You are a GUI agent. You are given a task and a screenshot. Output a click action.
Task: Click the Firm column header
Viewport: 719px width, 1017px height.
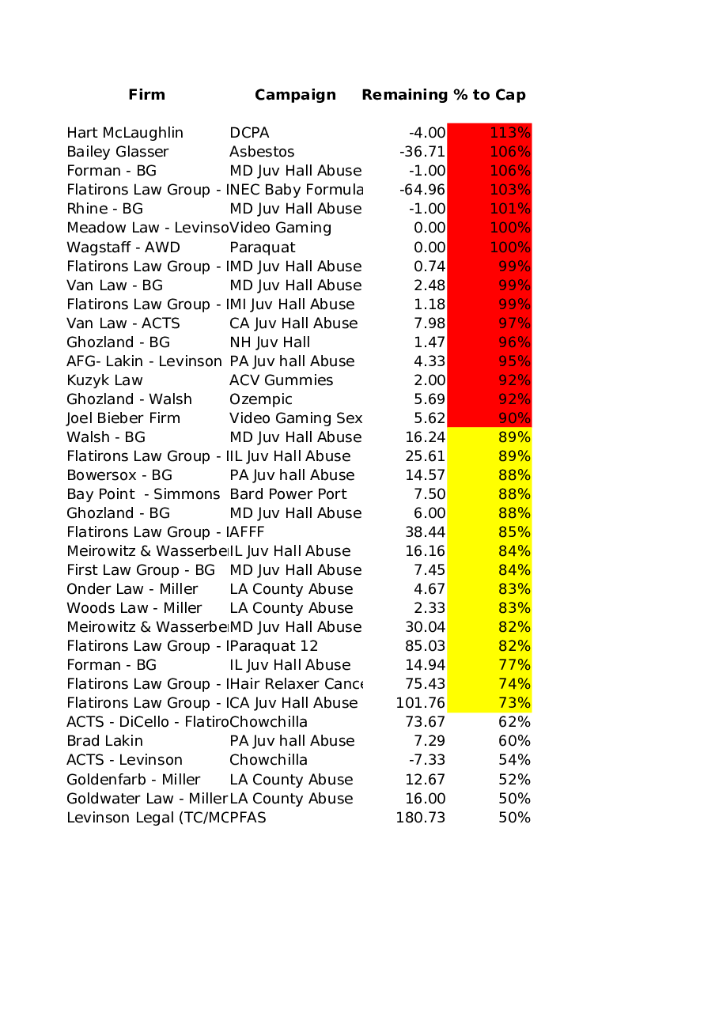click(147, 95)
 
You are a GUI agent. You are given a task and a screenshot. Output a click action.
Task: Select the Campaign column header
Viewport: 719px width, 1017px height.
click(295, 95)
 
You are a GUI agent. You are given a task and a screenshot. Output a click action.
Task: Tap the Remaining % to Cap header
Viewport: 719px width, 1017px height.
click(443, 95)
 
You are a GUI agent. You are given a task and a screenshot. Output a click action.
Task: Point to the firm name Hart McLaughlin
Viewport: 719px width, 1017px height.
click(125, 133)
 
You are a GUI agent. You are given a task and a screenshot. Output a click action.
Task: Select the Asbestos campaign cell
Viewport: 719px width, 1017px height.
click(262, 152)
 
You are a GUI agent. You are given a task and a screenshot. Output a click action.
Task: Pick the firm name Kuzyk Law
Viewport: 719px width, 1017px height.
click(104, 380)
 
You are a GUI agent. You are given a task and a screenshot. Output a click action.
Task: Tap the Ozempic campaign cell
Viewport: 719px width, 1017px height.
click(261, 399)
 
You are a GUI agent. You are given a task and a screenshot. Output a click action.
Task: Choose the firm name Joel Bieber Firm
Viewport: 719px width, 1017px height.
click(123, 418)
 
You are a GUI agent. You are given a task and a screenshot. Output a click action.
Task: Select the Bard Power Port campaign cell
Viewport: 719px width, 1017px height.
click(288, 494)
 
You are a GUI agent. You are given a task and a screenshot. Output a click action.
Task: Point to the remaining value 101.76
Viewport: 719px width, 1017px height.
click(421, 703)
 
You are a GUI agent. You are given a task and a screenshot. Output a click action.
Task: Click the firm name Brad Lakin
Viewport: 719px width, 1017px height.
click(105, 741)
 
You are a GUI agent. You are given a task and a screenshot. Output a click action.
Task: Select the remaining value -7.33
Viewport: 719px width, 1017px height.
click(426, 760)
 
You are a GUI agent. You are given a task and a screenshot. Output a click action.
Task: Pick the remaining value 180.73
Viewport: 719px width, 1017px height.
click(421, 818)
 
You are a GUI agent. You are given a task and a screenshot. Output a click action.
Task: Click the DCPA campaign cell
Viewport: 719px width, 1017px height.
click(249, 133)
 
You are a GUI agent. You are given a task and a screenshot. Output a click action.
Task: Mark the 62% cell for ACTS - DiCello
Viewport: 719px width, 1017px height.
click(514, 722)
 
